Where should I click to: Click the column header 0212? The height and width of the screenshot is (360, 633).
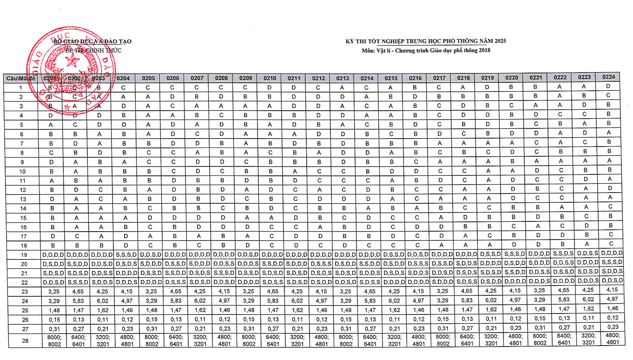318,78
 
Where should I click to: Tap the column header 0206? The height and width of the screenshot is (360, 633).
173,78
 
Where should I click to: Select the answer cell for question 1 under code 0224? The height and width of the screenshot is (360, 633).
609,86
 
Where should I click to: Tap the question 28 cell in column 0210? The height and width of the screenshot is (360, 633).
270,340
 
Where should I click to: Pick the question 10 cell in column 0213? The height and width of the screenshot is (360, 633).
343,171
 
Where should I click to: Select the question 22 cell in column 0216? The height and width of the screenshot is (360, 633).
415,282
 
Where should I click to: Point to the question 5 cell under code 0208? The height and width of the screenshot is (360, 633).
222,124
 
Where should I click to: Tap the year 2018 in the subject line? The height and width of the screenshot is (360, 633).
484,50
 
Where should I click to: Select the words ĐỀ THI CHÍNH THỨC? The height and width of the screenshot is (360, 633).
93,50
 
